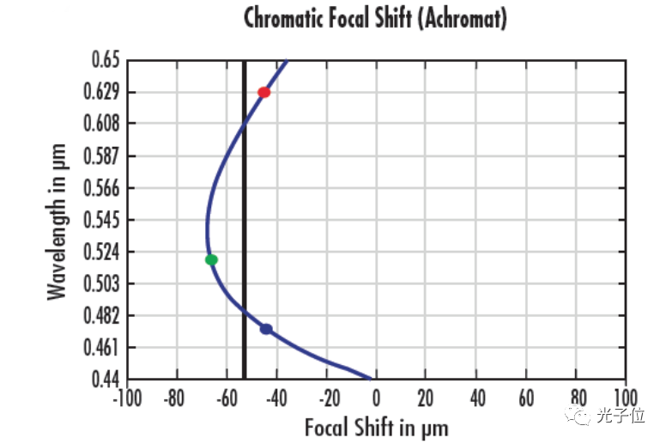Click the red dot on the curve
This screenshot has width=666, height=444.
click(x=264, y=92)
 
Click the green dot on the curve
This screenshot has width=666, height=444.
click(x=211, y=259)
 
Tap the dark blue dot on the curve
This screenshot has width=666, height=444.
click(x=266, y=329)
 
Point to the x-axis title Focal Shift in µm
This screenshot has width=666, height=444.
click(x=376, y=426)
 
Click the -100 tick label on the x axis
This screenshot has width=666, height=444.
click(x=127, y=398)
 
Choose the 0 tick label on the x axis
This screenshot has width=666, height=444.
click(x=376, y=398)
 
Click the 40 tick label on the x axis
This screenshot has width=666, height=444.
click(x=475, y=398)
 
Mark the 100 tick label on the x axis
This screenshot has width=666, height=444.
click(x=626, y=398)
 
